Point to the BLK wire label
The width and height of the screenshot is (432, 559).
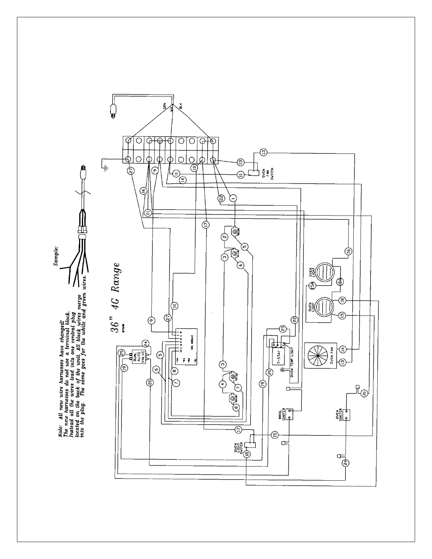(180, 105)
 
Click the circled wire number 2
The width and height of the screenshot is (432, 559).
(224, 237)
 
